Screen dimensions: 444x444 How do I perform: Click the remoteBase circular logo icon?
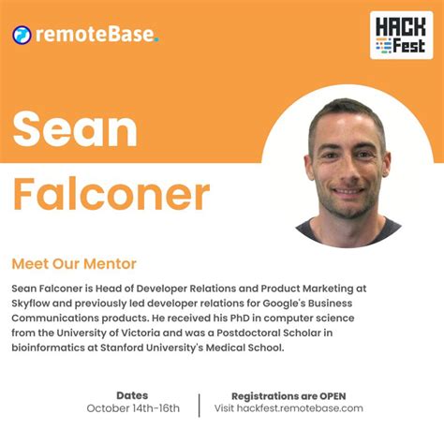pyautogui.click(x=22, y=36)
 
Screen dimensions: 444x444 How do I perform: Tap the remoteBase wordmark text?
pyautogui.click(x=96, y=36)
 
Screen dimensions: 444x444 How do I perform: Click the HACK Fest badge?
pyautogui.click(x=401, y=36)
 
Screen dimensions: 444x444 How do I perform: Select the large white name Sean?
pyautogui.click(x=75, y=130)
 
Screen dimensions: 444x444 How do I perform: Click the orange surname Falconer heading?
pyautogui.click(x=111, y=194)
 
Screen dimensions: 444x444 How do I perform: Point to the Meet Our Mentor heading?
pyautogui.click(x=74, y=264)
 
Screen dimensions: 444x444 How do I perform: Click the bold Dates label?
pyautogui.click(x=132, y=395)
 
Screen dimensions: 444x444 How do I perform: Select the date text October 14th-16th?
pyautogui.click(x=132, y=408)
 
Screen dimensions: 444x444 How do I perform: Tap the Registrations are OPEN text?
pyautogui.click(x=289, y=395)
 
